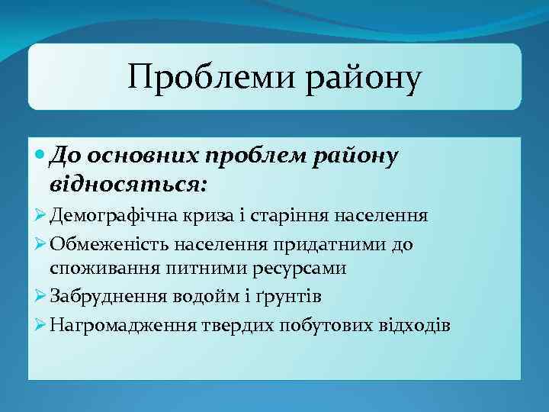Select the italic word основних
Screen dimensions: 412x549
(x=146, y=156)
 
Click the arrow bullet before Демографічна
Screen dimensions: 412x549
(x=41, y=216)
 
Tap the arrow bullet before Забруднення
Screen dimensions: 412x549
(x=41, y=295)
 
